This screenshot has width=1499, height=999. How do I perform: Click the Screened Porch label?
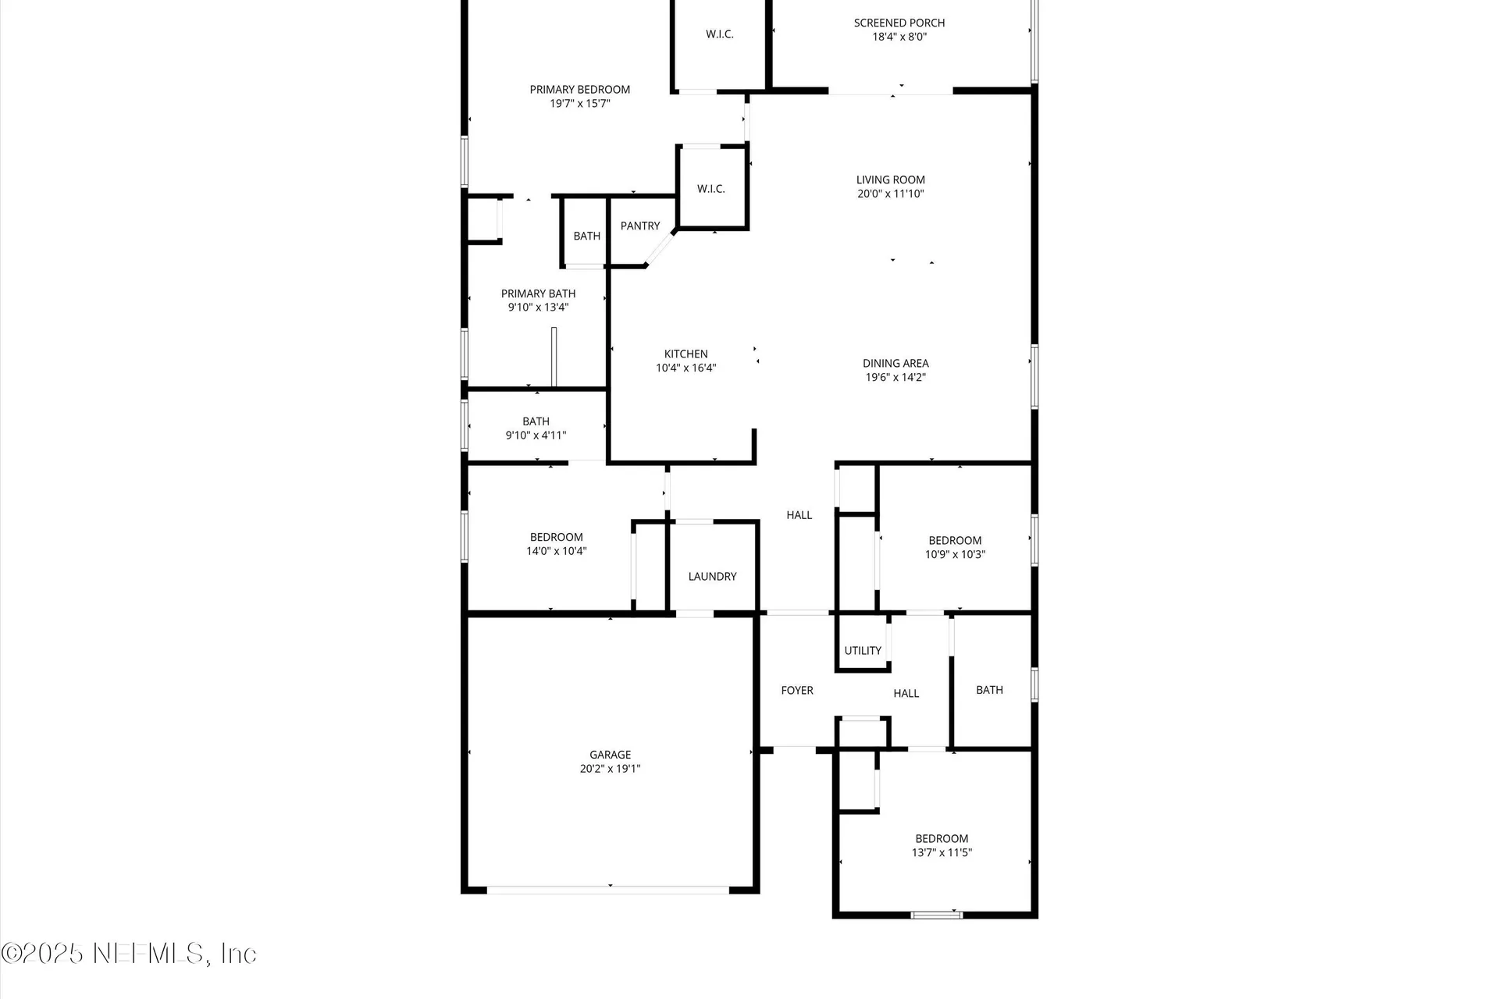[x=899, y=23]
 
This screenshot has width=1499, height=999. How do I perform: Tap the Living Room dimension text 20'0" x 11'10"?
[x=890, y=194]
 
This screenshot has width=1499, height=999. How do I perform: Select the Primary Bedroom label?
[x=579, y=90]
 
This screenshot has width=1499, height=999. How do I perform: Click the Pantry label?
[x=640, y=226]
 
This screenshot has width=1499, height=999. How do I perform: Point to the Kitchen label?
[x=685, y=354]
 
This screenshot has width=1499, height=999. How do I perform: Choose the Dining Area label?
[x=895, y=364]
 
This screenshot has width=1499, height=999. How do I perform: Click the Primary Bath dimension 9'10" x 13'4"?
[x=538, y=308]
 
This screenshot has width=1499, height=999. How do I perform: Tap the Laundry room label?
[x=712, y=577]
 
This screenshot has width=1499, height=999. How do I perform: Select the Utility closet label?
[x=862, y=651]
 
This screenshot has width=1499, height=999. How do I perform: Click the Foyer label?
[x=797, y=691]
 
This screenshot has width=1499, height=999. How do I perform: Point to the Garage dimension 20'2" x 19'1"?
[x=610, y=769]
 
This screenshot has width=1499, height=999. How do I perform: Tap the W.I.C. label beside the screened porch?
[x=719, y=34]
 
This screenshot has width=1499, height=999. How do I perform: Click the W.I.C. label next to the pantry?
[x=710, y=189]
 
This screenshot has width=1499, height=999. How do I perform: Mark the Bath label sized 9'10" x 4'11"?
[x=536, y=421]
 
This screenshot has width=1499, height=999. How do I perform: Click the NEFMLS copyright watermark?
[x=129, y=954]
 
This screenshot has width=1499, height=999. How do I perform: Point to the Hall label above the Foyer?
[x=799, y=515]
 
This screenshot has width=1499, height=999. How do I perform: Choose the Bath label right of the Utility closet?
[x=989, y=690]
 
